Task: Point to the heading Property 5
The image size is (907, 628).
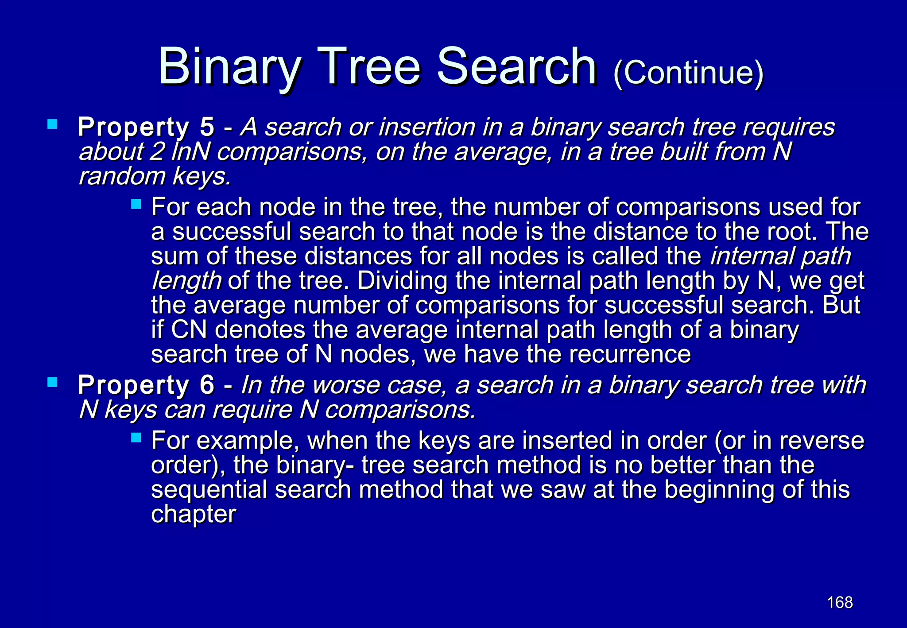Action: click(146, 127)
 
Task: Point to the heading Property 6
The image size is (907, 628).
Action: click(146, 385)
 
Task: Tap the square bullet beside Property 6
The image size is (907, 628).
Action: click(52, 382)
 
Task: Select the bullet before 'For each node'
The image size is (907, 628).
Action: click(136, 204)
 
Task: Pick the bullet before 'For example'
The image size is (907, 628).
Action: click(136, 438)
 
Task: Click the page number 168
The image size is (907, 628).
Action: click(840, 602)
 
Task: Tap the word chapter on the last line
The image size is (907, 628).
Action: click(194, 514)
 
